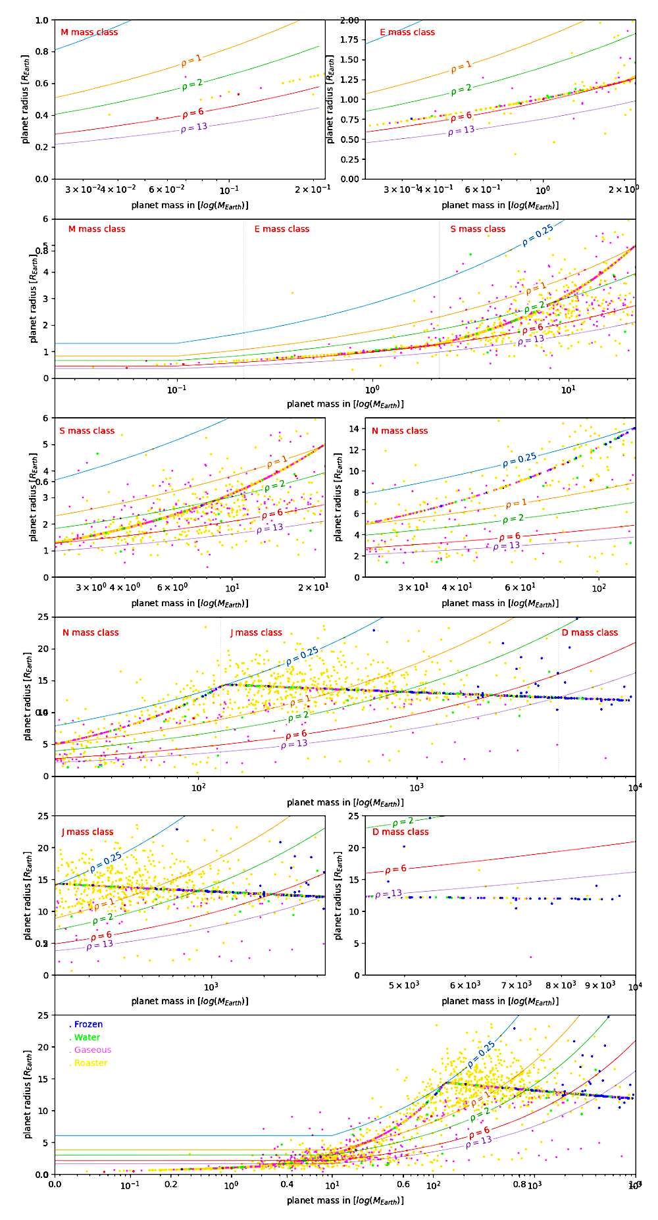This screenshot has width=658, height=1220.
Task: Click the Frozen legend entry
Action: coord(88,1025)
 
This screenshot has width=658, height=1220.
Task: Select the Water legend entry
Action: coord(87,1038)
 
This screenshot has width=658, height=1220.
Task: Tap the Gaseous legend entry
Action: coord(92,1050)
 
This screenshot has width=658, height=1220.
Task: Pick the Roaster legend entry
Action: coord(91,1063)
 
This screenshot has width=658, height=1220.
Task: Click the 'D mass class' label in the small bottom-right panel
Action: coord(400,832)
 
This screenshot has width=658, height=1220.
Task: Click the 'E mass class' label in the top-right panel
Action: coord(407,32)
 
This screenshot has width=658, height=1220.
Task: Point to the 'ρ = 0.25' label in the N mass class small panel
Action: coord(520,459)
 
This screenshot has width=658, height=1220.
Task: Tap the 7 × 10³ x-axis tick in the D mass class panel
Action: coord(516,985)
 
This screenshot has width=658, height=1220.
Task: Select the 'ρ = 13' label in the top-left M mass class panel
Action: coord(194,128)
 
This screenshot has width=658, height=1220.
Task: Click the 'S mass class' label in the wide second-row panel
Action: coord(478,229)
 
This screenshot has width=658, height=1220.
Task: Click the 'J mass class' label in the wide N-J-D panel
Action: coord(256,632)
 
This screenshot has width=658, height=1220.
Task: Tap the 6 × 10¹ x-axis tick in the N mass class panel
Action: coord(520,588)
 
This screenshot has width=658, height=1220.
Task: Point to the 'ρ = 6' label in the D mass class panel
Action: coord(395,869)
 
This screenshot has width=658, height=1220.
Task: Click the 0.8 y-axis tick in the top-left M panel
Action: coord(41,51)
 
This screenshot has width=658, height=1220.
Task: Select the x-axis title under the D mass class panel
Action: coord(500,1001)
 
